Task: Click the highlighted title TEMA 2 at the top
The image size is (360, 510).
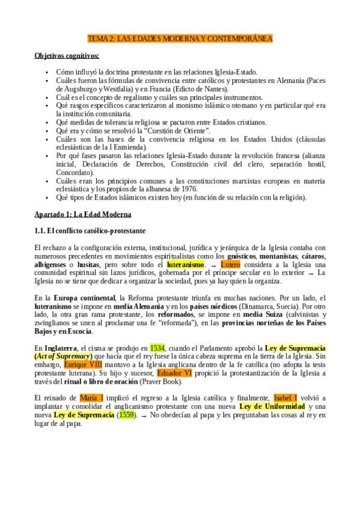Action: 180,39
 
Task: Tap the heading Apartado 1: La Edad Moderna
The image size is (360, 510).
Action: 83,215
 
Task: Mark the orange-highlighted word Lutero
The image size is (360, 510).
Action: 230,264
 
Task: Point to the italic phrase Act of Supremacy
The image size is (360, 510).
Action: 68,357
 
